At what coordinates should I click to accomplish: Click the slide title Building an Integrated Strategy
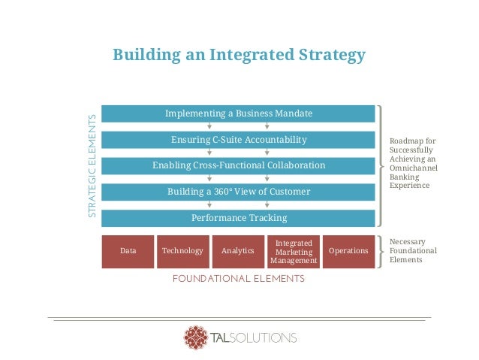click(239, 55)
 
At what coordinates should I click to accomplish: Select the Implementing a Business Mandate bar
click(239, 113)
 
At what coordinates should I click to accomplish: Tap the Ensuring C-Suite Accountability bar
click(239, 140)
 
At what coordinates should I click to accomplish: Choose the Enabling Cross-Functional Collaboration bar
click(239, 165)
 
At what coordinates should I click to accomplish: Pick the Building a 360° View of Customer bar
click(239, 192)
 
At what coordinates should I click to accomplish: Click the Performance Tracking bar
click(239, 218)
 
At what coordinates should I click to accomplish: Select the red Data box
click(128, 251)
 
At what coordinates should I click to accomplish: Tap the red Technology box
click(182, 251)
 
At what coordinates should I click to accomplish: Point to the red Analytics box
click(237, 251)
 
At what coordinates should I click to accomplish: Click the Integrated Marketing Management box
click(294, 252)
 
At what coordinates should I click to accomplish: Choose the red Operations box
click(348, 251)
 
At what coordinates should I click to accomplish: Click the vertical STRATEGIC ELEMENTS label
click(92, 166)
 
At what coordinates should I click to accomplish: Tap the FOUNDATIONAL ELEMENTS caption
click(239, 279)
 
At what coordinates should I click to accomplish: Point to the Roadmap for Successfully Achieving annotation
click(412, 163)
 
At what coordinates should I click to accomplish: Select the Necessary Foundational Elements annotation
click(412, 250)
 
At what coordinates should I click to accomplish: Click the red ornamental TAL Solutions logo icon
click(196, 337)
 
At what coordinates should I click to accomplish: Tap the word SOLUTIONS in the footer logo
click(267, 337)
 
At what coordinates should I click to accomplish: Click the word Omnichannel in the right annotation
click(414, 168)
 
